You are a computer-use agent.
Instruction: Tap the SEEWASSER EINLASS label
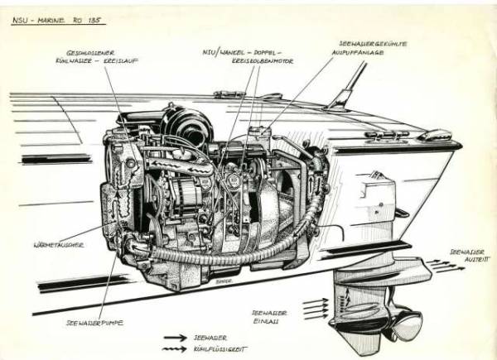[274, 316]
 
